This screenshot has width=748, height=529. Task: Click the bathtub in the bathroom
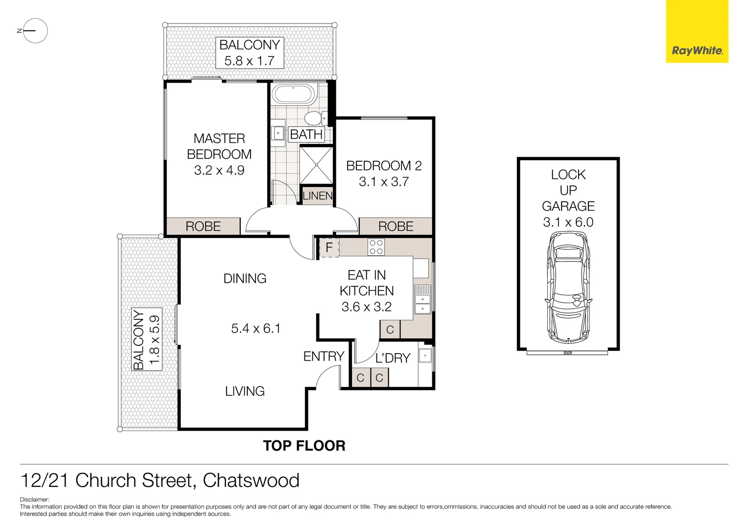293,94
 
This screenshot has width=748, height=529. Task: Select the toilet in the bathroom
313,118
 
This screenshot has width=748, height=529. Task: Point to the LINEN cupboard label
317,196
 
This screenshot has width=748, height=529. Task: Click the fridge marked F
329,248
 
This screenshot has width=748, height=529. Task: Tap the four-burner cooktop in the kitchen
376,247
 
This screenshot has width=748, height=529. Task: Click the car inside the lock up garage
568,288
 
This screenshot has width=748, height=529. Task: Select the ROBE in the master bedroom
203,226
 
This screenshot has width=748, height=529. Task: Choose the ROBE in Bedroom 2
396,226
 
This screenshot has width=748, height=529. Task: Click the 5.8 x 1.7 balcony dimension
249,61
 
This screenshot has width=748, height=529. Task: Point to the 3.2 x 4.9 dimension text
219,170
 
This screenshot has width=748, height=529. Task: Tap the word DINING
245,279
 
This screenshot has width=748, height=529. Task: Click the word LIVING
245,391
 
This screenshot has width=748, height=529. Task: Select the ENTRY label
324,357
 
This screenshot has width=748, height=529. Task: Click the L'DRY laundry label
393,359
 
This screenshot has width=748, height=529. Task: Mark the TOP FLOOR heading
304,446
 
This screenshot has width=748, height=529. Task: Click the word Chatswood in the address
251,481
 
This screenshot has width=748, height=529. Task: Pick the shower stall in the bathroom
316,165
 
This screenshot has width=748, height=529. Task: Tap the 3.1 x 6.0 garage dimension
568,222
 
